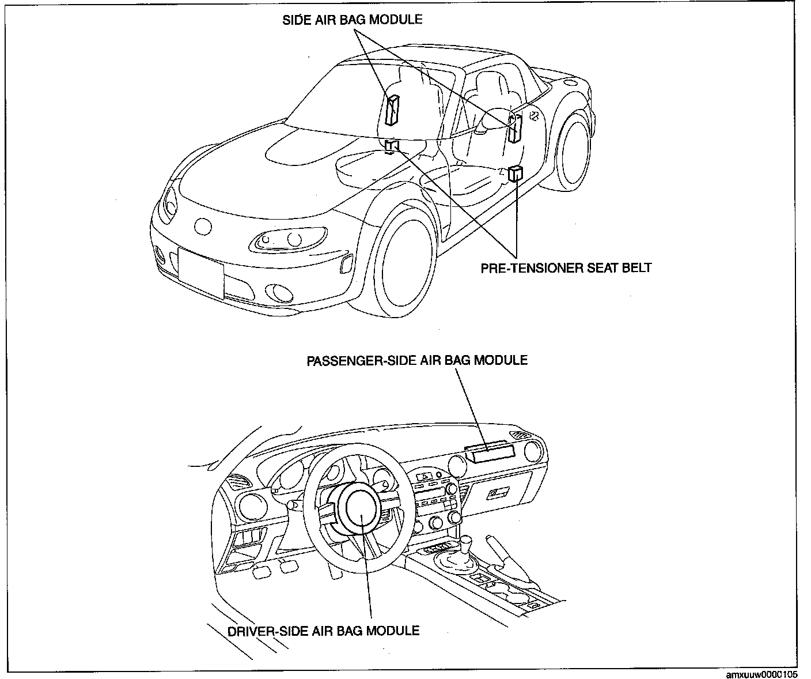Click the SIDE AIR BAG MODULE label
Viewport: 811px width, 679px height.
tap(352, 20)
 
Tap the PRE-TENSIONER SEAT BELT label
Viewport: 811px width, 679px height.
tap(566, 267)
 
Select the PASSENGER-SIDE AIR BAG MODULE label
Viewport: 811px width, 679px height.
tap(416, 360)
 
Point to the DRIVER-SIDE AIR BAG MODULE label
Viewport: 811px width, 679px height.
tap(323, 630)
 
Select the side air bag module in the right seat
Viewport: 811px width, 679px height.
tap(514, 130)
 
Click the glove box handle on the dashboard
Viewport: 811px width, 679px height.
tap(498, 493)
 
